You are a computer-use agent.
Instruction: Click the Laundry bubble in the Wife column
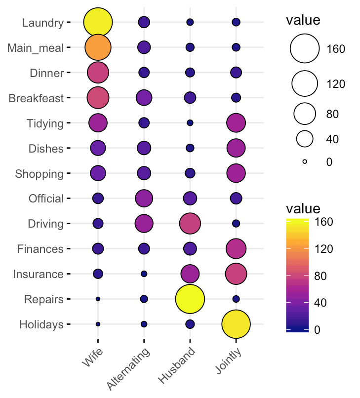pos(98,22)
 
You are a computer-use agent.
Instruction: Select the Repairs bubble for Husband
pos(190,299)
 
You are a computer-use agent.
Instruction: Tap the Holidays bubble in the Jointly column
pos(236,324)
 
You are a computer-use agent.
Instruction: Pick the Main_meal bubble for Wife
pos(98,47)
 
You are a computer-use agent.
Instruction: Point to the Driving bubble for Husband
pos(190,224)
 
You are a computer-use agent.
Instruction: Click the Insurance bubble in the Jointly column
pos(236,274)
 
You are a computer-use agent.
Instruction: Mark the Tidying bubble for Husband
pos(190,122)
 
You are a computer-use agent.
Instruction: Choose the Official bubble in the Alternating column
pos(144,199)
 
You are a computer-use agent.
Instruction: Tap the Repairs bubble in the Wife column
pos(98,299)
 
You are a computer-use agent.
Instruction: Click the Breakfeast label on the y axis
pos(37,98)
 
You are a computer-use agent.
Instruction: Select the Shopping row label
pos(40,174)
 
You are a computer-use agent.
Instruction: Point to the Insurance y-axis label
pos(39,274)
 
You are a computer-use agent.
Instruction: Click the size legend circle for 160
pos(305,49)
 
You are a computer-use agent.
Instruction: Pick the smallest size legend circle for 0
pos(305,161)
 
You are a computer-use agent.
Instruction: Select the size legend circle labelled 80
pos(305,114)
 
